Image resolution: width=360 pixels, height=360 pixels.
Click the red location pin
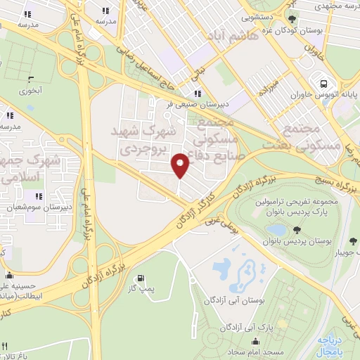tap(181, 165)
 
